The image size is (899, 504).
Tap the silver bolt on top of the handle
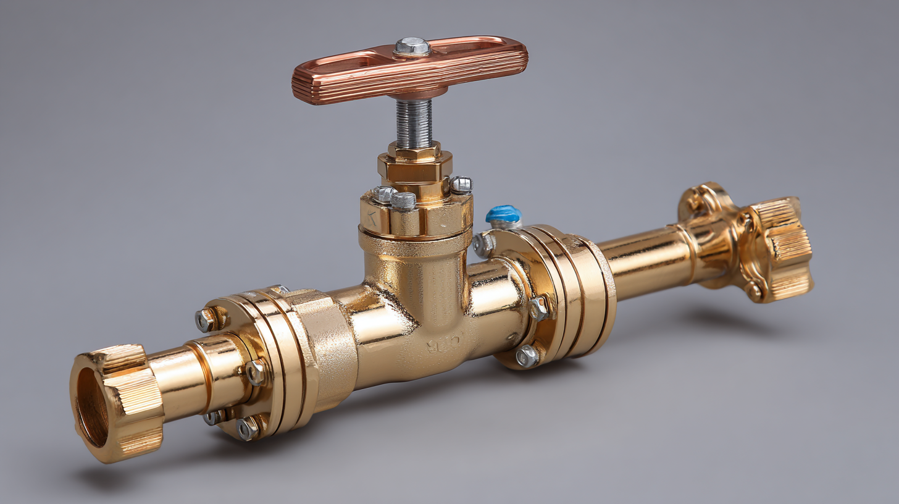[x=412, y=46]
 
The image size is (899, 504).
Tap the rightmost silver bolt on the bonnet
[x=461, y=184]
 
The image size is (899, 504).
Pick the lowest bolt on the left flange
[x=248, y=428]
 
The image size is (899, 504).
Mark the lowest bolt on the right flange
[x=527, y=356]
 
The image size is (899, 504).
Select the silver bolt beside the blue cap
[x=483, y=244]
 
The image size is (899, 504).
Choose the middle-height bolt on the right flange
[x=538, y=307]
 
